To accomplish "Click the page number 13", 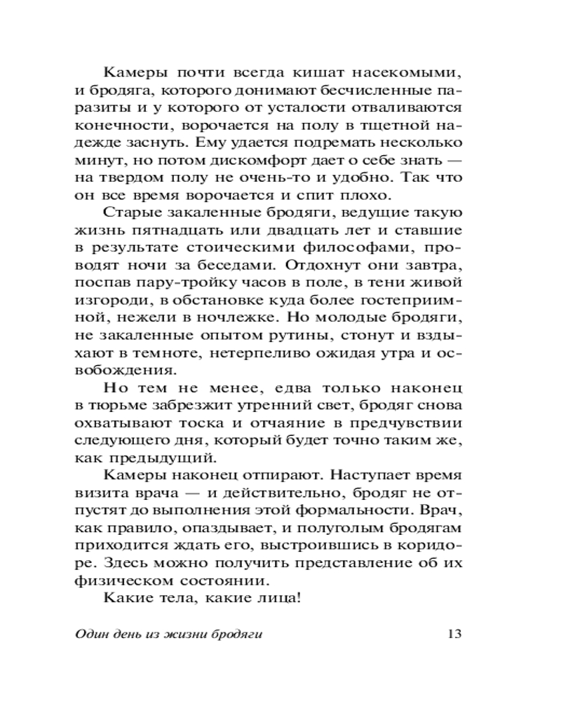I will (x=452, y=634).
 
